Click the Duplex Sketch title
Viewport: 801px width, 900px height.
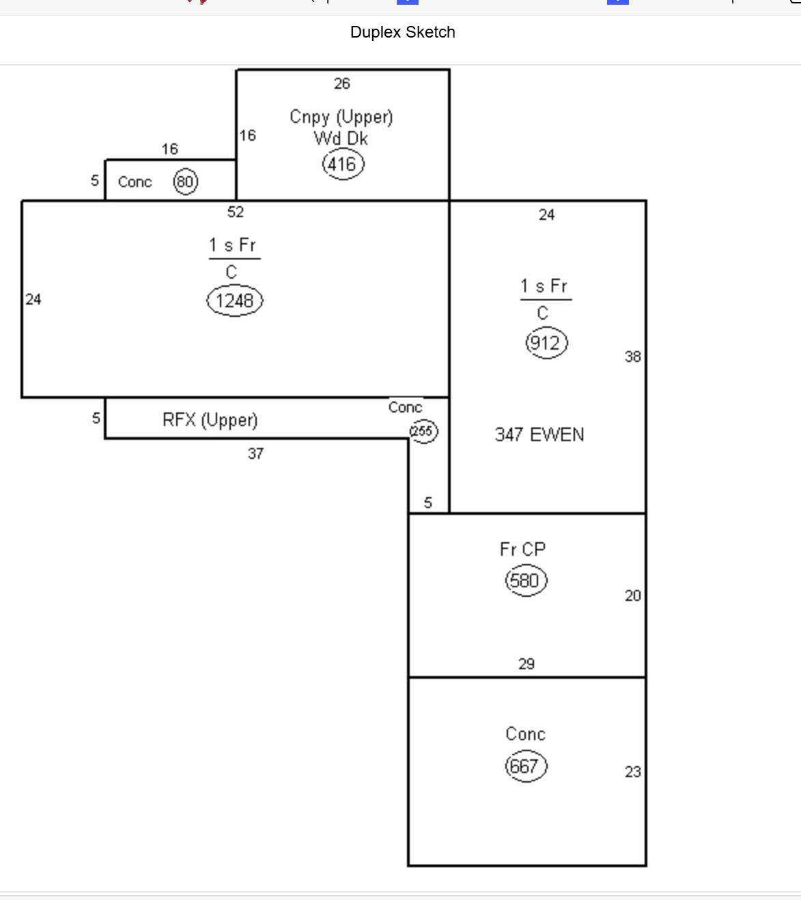pyautogui.click(x=402, y=32)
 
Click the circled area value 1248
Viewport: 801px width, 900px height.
pyautogui.click(x=234, y=300)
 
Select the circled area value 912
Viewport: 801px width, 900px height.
pyautogui.click(x=546, y=343)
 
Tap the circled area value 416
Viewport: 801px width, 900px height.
pyautogui.click(x=342, y=165)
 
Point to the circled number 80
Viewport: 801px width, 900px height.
pyautogui.click(x=185, y=182)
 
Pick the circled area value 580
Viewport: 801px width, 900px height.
pyautogui.click(x=526, y=580)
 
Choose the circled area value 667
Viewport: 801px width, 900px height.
pyautogui.click(x=526, y=766)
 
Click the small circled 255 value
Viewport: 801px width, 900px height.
pyautogui.click(x=423, y=432)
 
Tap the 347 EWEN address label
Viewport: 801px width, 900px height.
pyautogui.click(x=539, y=435)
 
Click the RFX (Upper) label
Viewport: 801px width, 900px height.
pyautogui.click(x=210, y=420)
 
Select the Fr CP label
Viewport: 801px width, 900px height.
pyautogui.click(x=522, y=550)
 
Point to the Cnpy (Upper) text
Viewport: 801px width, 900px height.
pyautogui.click(x=341, y=117)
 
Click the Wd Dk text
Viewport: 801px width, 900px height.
pyautogui.click(x=341, y=139)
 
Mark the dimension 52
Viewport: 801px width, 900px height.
pyautogui.click(x=235, y=212)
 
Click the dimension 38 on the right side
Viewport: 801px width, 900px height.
pyautogui.click(x=632, y=356)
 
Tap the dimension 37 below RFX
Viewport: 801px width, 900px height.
pyautogui.click(x=255, y=454)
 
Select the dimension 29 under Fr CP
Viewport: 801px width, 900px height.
pyautogui.click(x=526, y=664)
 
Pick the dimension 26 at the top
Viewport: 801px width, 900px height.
pyautogui.click(x=341, y=83)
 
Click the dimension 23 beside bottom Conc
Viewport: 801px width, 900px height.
pyautogui.click(x=632, y=772)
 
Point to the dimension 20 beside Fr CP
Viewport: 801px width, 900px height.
pyautogui.click(x=632, y=595)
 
